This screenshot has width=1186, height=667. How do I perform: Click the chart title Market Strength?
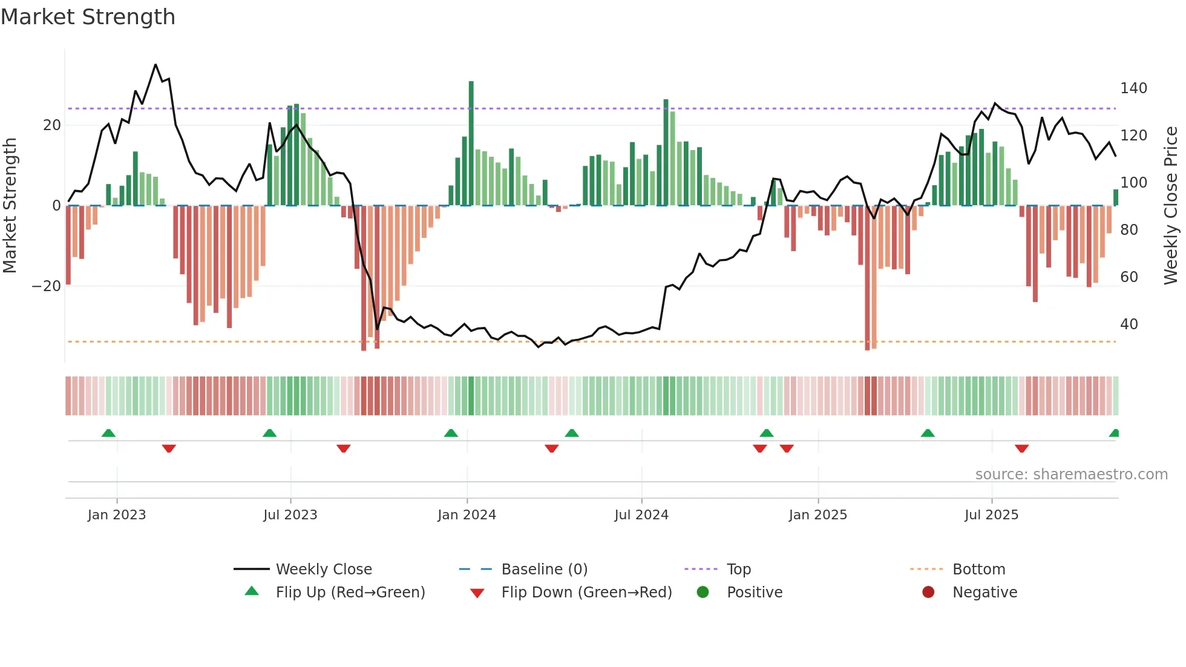click(88, 17)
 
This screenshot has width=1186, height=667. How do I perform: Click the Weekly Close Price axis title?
click(1171, 205)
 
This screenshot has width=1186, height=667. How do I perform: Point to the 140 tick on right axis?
click(1133, 88)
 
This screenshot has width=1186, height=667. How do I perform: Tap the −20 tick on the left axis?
click(47, 286)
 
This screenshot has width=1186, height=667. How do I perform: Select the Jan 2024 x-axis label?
click(467, 515)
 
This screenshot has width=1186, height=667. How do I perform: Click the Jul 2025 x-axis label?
click(991, 515)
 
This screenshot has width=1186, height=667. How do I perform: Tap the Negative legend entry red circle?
click(928, 592)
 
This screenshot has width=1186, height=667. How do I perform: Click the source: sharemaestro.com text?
click(1071, 475)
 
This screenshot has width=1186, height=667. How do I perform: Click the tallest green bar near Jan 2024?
click(471, 142)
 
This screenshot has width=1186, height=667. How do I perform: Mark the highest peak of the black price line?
click(156, 65)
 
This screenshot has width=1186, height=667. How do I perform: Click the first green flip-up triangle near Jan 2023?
click(108, 433)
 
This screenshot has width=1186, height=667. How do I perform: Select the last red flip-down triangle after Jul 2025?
click(1021, 448)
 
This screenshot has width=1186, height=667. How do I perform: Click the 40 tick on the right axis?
click(1129, 324)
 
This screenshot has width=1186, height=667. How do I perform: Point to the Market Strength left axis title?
click(10, 205)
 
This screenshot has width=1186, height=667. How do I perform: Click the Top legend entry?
click(738, 570)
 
